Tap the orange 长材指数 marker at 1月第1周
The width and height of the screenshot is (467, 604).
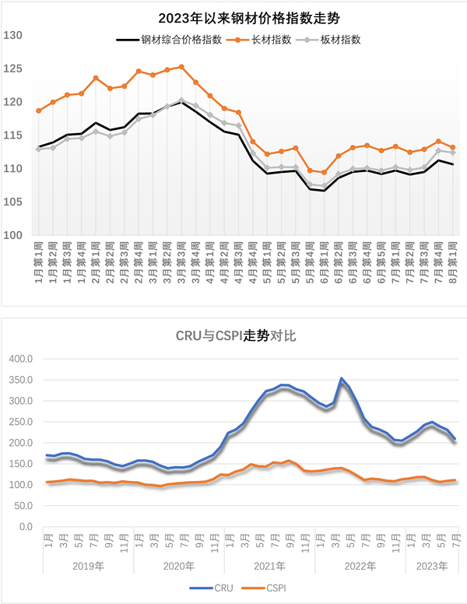39,111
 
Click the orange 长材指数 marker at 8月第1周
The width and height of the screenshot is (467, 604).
452,147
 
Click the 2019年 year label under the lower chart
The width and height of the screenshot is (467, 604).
88,564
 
